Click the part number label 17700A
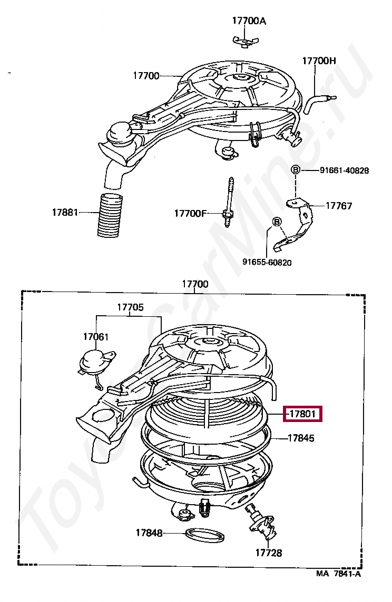(249, 21)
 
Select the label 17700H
(319, 61)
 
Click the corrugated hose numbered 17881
(110, 215)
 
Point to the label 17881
(65, 212)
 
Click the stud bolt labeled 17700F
(228, 202)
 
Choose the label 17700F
(190, 214)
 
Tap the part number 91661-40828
(345, 170)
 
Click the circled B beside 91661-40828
(295, 169)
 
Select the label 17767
(339, 206)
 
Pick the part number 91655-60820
(267, 262)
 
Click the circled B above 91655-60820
(277, 222)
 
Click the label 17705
(130, 307)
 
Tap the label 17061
(96, 337)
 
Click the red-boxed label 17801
(302, 414)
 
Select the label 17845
(301, 438)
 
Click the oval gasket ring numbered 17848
(205, 535)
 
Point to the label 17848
(149, 533)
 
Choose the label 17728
(269, 553)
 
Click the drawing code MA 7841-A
(339, 574)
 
